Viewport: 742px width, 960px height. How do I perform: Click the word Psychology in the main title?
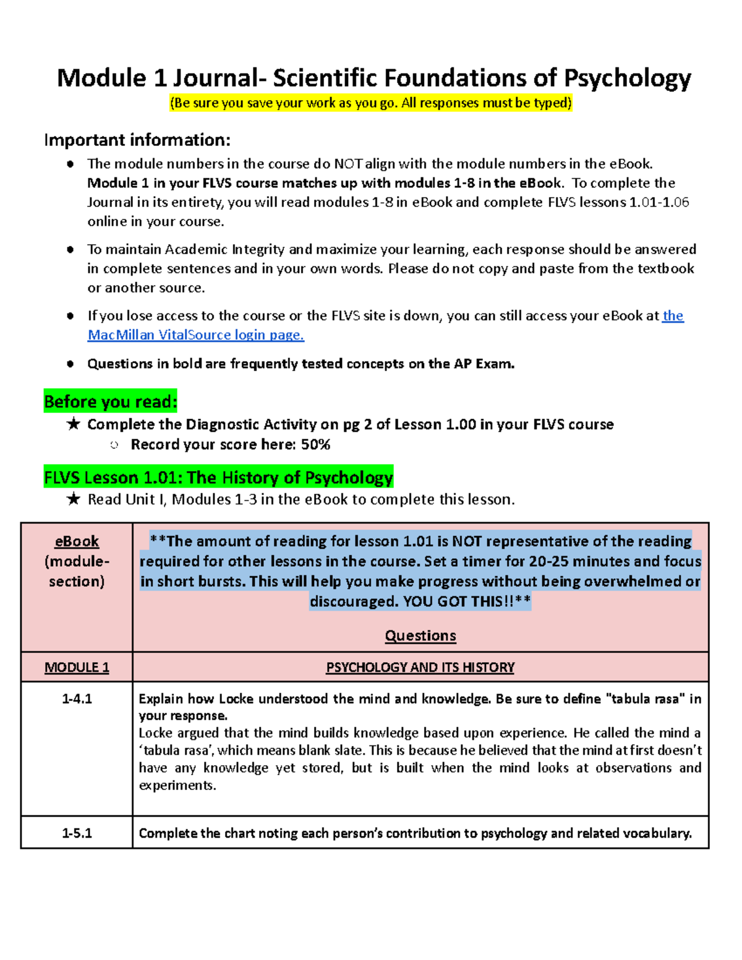tap(627, 79)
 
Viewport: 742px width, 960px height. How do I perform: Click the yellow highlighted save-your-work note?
tap(371, 103)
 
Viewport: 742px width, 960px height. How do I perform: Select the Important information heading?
tap(137, 140)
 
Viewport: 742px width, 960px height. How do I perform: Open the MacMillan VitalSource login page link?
tap(195, 335)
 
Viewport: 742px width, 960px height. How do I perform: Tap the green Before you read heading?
tap(111, 402)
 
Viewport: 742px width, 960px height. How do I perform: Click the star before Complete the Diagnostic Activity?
tap(74, 424)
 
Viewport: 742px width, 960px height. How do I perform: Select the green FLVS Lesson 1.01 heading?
tap(218, 478)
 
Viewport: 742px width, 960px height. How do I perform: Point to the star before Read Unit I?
tap(74, 499)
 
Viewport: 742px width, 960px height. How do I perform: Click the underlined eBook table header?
tap(77, 542)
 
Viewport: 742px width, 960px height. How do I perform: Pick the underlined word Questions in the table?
tap(420, 635)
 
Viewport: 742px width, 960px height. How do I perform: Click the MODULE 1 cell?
tap(77, 668)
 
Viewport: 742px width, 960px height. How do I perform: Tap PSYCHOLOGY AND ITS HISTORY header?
tap(420, 668)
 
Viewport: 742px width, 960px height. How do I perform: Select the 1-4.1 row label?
tap(77, 699)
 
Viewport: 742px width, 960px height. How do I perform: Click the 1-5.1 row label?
tap(77, 833)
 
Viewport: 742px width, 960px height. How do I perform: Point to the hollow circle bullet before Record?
tap(114, 445)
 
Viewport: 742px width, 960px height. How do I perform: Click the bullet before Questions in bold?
tap(70, 364)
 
